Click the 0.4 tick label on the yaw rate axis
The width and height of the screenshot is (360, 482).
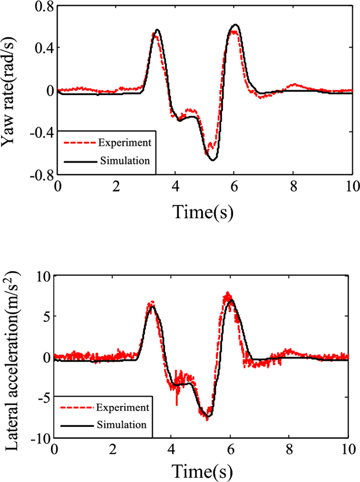point(42,48)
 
